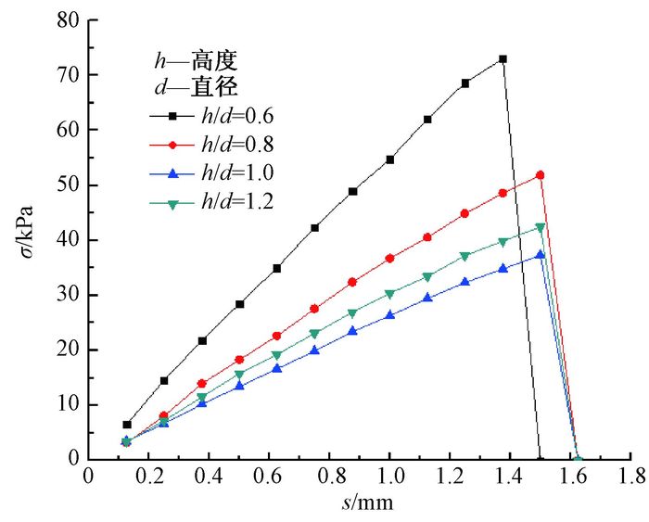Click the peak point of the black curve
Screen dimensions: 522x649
503,59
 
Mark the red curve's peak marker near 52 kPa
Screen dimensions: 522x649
540,174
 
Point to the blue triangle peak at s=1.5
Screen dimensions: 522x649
540,255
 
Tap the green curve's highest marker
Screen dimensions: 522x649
540,227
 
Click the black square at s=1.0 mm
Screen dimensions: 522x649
389,159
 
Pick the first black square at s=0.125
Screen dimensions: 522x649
127,425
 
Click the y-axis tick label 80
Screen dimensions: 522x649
67,19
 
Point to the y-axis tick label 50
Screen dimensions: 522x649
67,185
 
